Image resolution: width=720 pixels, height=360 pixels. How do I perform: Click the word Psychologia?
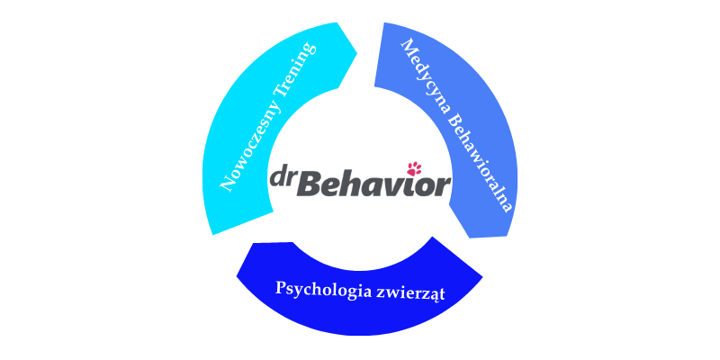(x=318, y=290)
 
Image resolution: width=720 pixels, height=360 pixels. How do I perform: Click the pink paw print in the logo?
(x=415, y=167)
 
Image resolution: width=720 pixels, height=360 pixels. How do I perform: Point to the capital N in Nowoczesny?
(x=227, y=184)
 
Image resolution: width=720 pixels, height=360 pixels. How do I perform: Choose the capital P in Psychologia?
(x=281, y=289)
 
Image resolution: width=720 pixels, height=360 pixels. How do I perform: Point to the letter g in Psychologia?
(x=343, y=292)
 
